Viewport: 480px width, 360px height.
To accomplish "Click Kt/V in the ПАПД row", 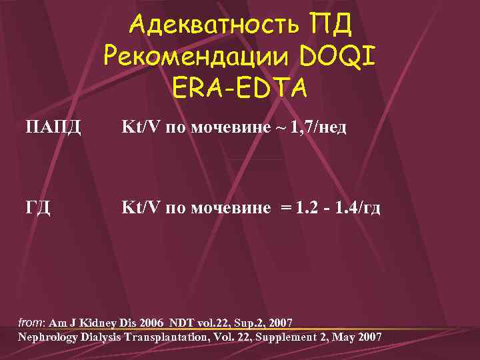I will point(141,127).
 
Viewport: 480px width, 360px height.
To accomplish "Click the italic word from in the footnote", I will point(29,323).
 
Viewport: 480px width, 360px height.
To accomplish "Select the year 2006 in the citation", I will point(152,323).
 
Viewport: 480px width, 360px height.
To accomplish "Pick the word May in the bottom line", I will point(345,337).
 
